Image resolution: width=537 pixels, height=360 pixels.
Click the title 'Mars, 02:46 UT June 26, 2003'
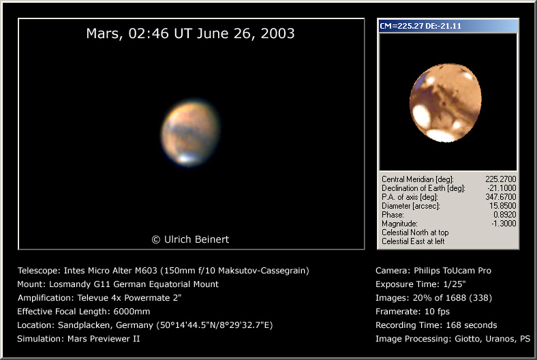pyautogui.click(x=190, y=33)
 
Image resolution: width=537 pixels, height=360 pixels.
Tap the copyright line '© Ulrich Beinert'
pyautogui.click(x=190, y=239)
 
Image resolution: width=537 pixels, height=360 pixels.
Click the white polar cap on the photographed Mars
pyautogui.click(x=185, y=158)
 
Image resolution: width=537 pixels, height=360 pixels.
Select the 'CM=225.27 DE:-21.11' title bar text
pyautogui.click(x=420, y=26)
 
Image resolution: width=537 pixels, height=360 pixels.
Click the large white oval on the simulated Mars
pyautogui.click(x=421, y=116)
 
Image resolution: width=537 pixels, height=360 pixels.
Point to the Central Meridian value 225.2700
pyautogui.click(x=500, y=179)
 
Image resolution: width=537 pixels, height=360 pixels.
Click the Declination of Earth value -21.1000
pyautogui.click(x=502, y=188)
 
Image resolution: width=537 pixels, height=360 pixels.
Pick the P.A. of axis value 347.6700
pyautogui.click(x=500, y=197)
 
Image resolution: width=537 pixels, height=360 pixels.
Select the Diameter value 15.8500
pyautogui.click(x=502, y=206)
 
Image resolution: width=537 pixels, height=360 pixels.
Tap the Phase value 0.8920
pyautogui.click(x=504, y=215)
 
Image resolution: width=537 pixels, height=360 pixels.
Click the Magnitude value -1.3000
pyautogui.click(x=504, y=224)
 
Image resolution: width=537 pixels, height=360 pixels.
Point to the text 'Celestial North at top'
pyautogui.click(x=415, y=232)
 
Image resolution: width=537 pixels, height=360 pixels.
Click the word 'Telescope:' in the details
pyautogui.click(x=39, y=271)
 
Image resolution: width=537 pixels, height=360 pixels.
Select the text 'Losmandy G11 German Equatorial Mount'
pyautogui.click(x=134, y=284)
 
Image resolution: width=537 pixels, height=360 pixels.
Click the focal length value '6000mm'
pyautogui.click(x=132, y=312)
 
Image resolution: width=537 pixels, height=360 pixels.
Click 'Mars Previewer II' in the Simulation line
pyautogui.click(x=104, y=339)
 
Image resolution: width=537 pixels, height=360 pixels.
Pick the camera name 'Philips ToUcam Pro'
pyautogui.click(x=452, y=271)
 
